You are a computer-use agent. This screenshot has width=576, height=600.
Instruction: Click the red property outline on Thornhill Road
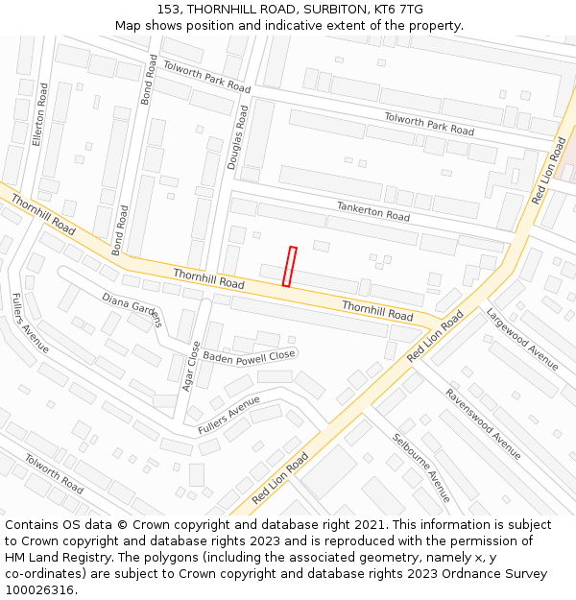(x=289, y=266)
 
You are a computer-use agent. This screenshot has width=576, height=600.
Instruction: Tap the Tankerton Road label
(x=372, y=211)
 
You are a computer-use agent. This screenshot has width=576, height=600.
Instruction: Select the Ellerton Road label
(x=39, y=113)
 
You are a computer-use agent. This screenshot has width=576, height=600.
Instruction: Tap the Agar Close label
(x=189, y=367)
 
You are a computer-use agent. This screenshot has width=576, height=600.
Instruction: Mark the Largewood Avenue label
(x=521, y=338)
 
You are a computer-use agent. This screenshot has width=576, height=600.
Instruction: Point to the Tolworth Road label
(x=54, y=473)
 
